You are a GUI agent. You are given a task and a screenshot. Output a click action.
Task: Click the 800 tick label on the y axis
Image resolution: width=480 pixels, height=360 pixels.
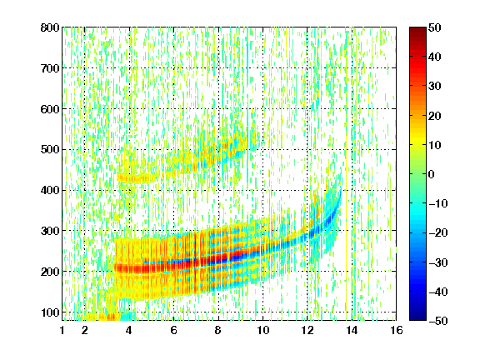[50, 27]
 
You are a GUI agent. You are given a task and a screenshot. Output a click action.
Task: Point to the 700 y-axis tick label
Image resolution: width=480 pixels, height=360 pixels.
[50, 68]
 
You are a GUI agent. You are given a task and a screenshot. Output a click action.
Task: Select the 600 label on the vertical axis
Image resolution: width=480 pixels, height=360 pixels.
[50, 109]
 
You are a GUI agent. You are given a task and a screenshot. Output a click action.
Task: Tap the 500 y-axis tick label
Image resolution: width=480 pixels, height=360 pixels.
[50, 150]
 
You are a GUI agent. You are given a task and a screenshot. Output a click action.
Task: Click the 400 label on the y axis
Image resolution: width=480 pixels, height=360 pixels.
[50, 190]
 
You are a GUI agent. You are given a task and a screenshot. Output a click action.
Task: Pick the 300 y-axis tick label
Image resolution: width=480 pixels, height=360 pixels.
[50, 231]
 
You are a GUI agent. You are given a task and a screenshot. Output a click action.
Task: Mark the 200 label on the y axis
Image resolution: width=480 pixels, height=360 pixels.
[50, 272]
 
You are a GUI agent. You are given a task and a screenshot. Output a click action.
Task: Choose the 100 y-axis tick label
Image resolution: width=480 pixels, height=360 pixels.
[50, 312]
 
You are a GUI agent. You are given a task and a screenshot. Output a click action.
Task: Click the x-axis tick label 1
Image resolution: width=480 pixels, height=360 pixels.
[62, 330]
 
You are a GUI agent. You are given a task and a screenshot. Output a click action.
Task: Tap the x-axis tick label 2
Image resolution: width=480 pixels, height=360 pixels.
[84, 330]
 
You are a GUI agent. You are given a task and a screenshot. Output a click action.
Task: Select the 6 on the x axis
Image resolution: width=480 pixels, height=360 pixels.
[173, 330]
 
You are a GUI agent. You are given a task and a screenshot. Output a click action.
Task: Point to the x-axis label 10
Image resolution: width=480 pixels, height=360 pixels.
[262, 330]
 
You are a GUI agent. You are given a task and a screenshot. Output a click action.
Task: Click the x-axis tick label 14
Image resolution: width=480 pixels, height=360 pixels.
[352, 330]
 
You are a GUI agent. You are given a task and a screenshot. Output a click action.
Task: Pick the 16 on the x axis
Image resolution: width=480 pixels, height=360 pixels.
[397, 330]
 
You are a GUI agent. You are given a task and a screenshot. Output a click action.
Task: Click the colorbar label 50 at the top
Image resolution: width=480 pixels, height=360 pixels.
[434, 27]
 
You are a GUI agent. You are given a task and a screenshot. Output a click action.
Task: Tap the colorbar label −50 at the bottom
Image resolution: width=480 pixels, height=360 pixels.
[438, 321]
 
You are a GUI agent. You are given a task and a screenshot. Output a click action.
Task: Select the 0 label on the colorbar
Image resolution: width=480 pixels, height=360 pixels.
[432, 174]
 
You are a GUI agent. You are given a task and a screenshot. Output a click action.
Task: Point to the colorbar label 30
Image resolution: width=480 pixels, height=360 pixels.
[434, 87]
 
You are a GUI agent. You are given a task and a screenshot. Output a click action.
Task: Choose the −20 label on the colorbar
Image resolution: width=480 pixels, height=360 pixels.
[438, 232]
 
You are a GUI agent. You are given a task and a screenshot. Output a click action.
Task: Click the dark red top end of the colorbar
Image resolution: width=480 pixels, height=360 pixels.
[417, 29]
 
